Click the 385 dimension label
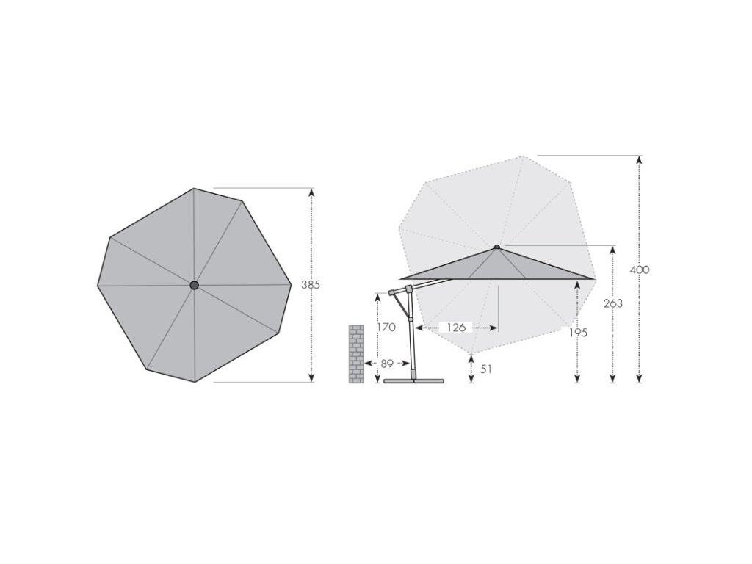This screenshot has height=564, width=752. pyautogui.click(x=311, y=285)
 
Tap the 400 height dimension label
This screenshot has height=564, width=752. pyautogui.click(x=640, y=270)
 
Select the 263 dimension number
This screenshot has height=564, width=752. pyautogui.click(x=613, y=303)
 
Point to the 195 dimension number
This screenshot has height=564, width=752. pyautogui.click(x=578, y=333)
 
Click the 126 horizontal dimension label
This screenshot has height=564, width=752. pyautogui.click(x=456, y=328)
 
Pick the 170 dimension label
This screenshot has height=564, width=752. pyautogui.click(x=386, y=327)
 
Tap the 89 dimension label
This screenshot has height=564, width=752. pyautogui.click(x=387, y=364)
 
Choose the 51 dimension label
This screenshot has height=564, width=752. pyautogui.click(x=486, y=369)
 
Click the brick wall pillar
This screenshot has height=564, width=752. pyautogui.click(x=356, y=354)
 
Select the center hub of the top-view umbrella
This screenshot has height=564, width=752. pyautogui.click(x=194, y=286)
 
